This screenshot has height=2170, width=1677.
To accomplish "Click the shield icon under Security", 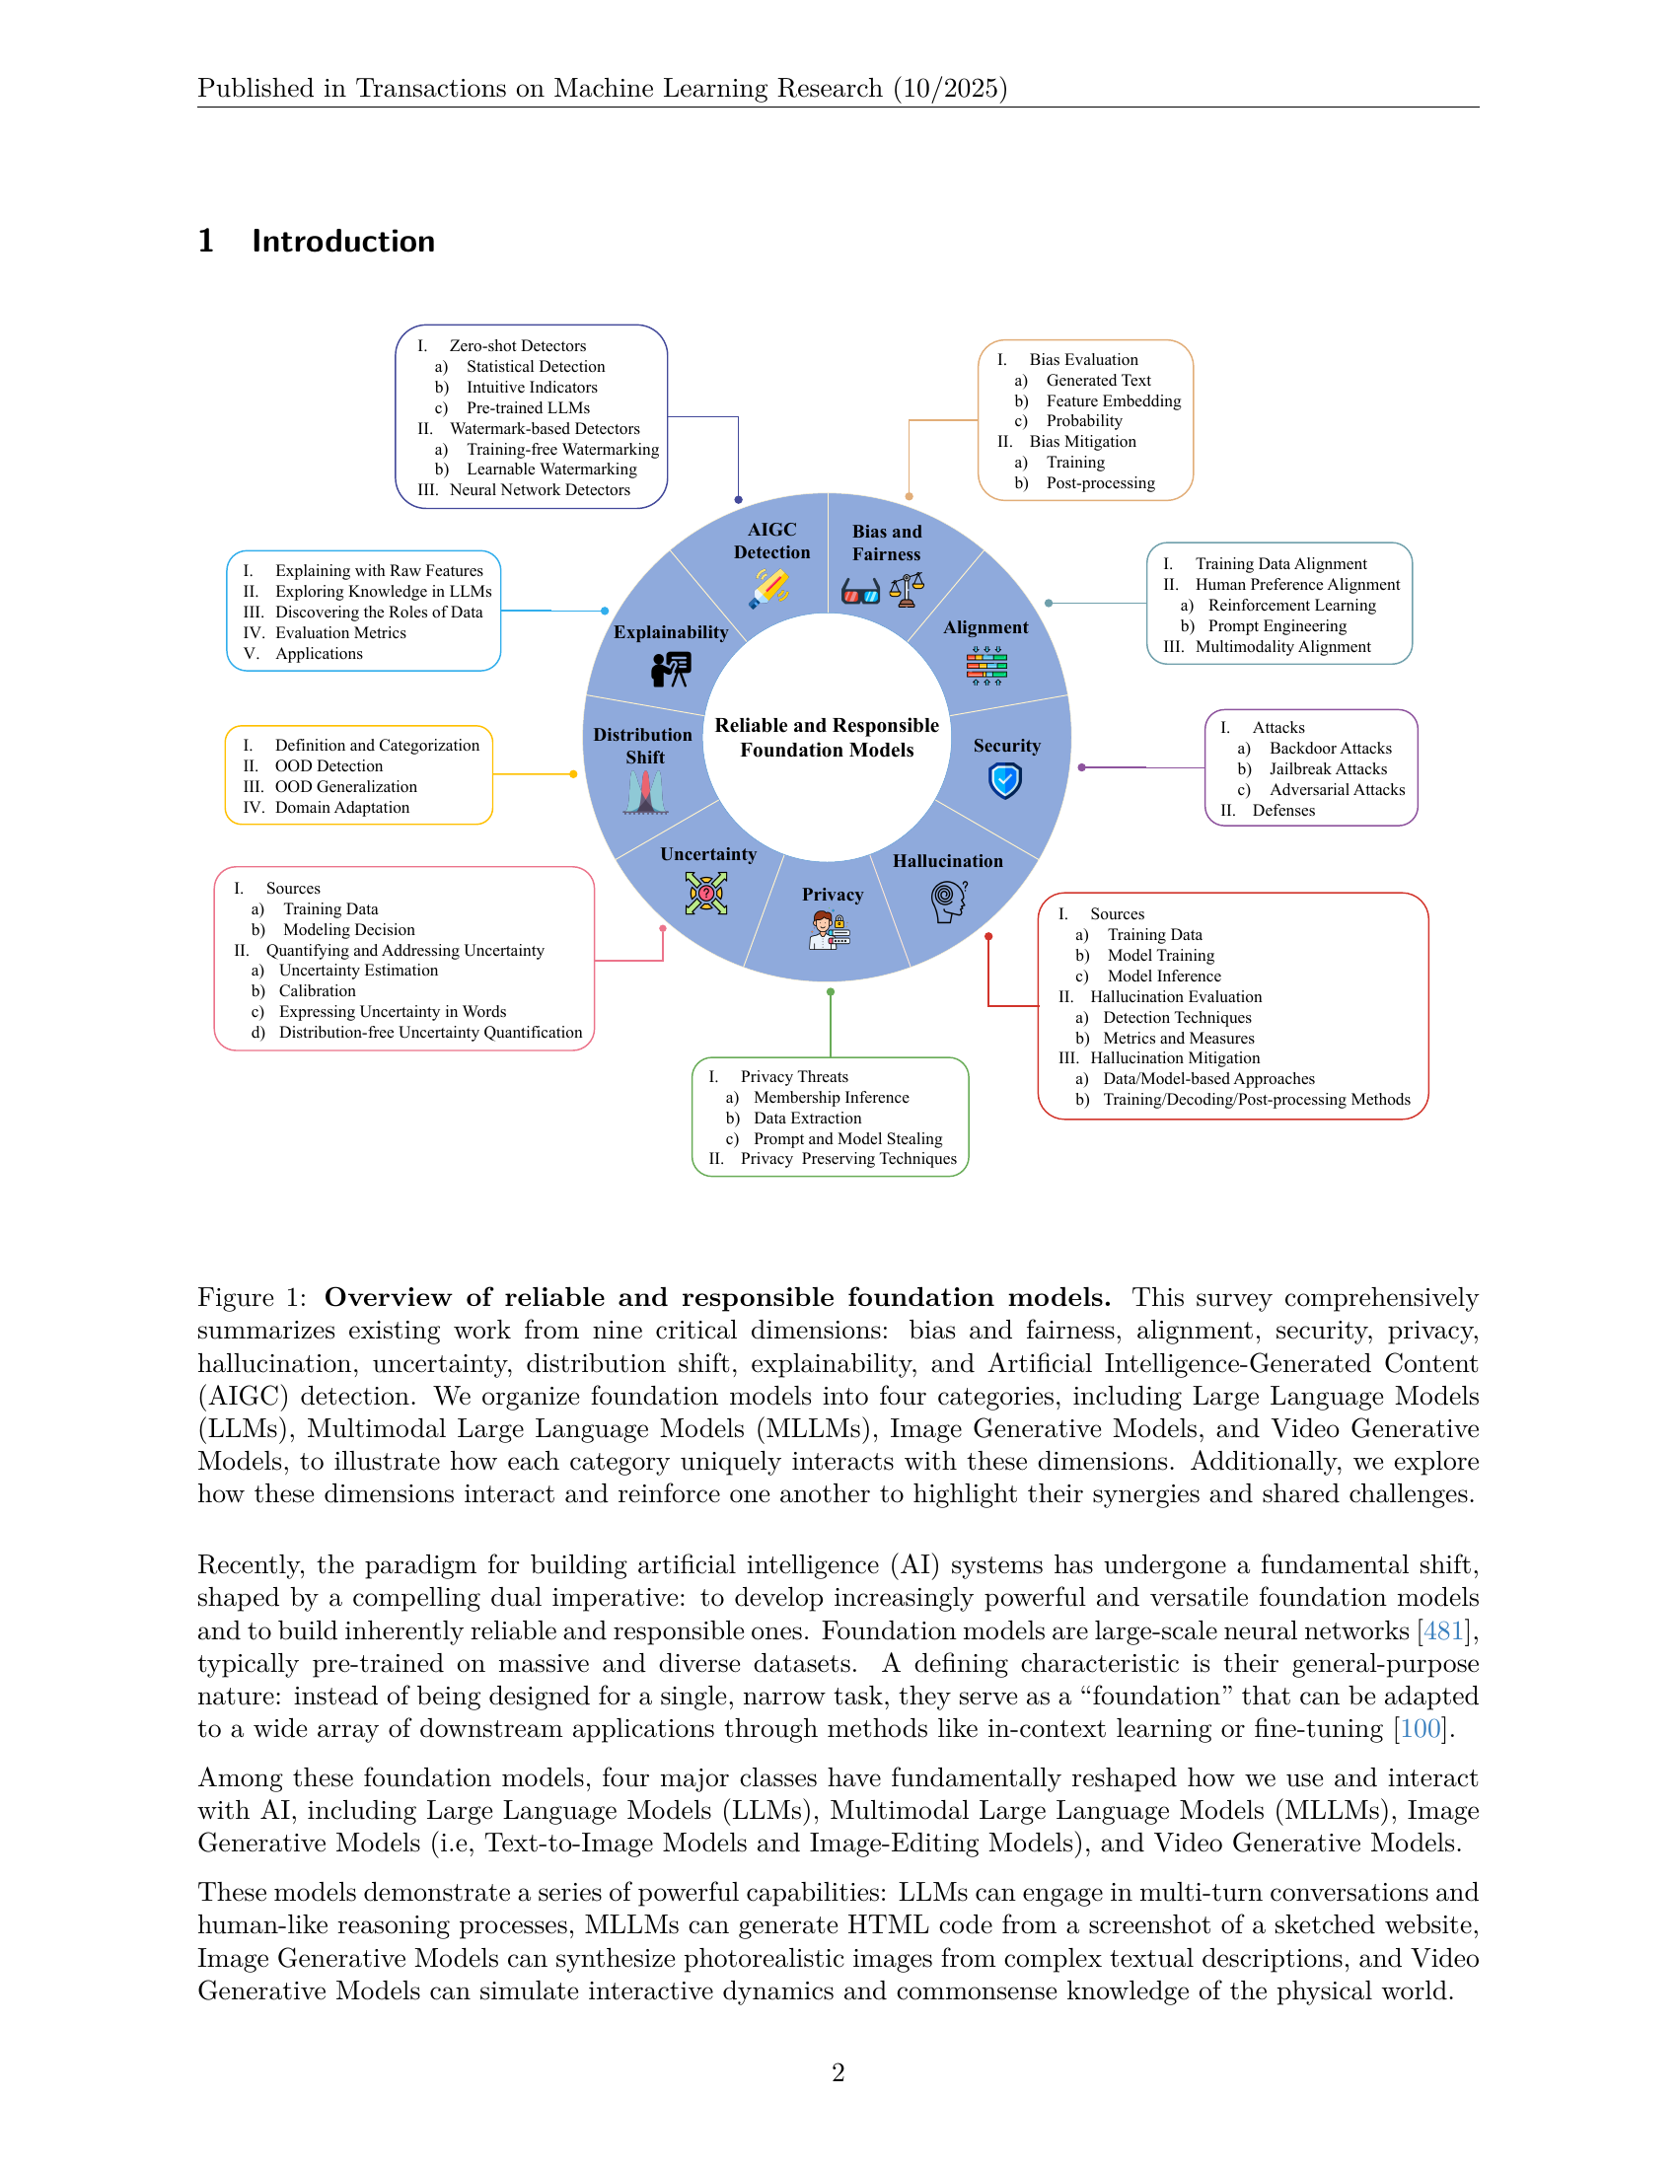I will coord(1005,781).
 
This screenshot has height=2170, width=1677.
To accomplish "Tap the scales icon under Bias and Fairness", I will coord(907,590).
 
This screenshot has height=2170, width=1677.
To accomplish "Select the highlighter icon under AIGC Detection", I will coord(770,588).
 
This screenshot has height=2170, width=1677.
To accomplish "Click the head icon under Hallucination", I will coord(948,902).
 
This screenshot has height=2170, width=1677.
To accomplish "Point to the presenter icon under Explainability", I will coord(671,670).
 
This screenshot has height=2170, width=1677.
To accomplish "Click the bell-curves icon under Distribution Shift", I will coord(645,793).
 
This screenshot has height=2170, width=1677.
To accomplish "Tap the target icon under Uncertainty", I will coord(706,893).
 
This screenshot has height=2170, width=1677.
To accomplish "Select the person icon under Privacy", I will coord(829,931).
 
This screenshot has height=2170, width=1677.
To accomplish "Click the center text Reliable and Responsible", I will coord(827,725).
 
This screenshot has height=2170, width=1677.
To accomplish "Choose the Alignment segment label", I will coord(985,628).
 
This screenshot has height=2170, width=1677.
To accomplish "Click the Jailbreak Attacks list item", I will coord(1327,769).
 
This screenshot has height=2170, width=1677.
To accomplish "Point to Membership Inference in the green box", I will coord(831,1097).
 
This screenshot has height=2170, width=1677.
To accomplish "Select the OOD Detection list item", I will coord(328,766).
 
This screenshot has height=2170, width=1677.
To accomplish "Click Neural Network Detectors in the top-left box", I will coord(540,490).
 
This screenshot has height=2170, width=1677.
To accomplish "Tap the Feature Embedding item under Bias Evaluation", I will coord(1113,400).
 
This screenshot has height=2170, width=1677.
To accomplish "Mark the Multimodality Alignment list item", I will coord(1282,647).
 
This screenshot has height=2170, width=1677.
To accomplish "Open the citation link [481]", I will coord(1443,1630).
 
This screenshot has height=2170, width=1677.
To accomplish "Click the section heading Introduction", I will coord(342,242).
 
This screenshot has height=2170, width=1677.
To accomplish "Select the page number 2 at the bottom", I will coord(838,2072).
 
